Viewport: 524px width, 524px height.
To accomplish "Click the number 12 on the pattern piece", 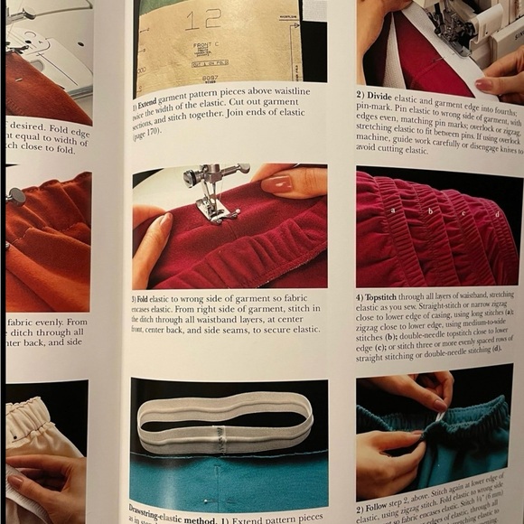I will coord(210,19).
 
